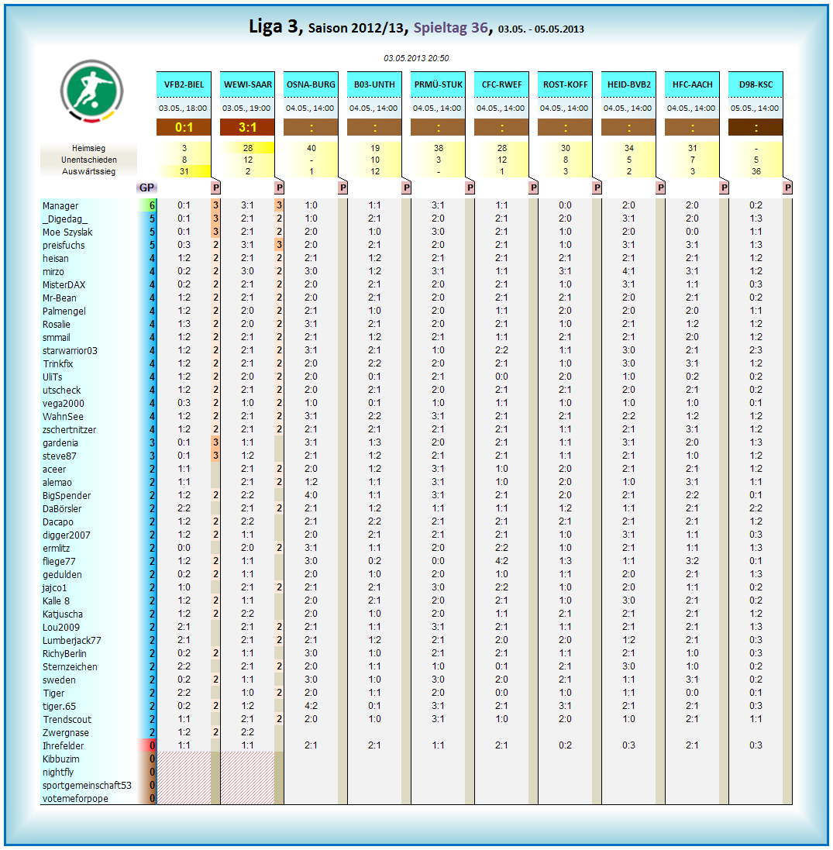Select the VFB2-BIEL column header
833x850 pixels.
(184, 84)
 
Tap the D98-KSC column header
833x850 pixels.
(756, 84)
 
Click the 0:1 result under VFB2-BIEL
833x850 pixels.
(184, 128)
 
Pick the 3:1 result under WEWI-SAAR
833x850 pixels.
(247, 128)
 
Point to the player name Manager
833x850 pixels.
(60, 206)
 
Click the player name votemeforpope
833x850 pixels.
(75, 799)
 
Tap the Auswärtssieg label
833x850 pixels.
(89, 171)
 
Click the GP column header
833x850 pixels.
(146, 188)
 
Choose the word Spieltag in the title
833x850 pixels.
(439, 28)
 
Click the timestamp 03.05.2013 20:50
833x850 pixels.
(416, 58)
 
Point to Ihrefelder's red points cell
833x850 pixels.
(153, 746)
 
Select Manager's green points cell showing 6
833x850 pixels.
(153, 206)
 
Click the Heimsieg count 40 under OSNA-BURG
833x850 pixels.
(312, 148)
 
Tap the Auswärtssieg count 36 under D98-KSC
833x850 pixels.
(756, 171)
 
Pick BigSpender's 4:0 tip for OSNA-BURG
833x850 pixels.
(312, 496)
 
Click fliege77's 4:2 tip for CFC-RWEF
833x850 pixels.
(501, 562)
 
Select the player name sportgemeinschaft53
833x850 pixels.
(87, 786)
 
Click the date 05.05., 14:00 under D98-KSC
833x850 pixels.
(756, 108)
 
